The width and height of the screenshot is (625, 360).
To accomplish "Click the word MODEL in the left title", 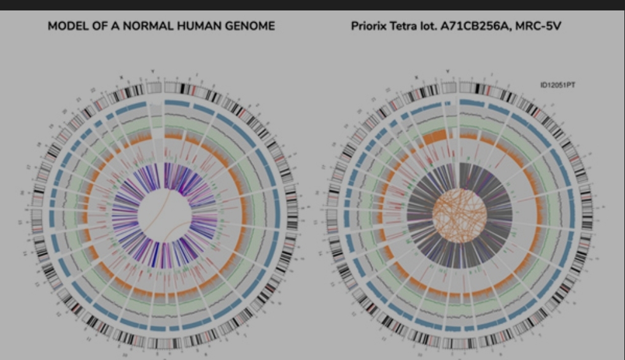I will [67, 26].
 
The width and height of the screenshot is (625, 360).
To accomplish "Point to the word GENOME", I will [246, 26].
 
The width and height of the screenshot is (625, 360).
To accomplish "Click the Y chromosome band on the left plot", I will [155, 88].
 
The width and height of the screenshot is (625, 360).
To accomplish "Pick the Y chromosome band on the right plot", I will [448, 87].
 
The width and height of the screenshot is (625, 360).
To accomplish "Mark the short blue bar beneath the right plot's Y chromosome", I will [448, 103].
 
